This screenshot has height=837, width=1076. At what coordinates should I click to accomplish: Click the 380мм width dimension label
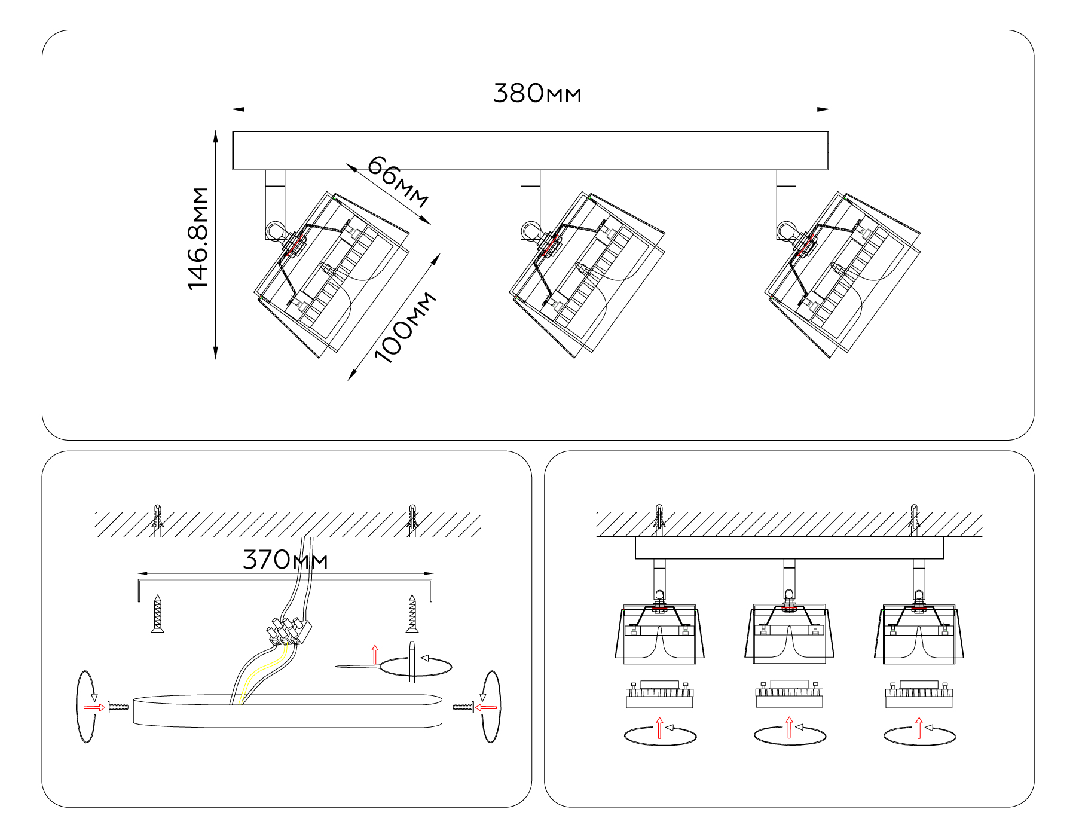coord(537,94)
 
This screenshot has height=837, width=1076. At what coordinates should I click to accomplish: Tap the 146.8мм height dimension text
coord(198,239)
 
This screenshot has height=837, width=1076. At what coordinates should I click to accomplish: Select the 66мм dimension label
coord(398,181)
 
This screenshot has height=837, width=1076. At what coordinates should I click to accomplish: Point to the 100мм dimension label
coord(405,328)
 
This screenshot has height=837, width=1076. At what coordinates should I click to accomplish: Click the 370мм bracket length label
coord(285,560)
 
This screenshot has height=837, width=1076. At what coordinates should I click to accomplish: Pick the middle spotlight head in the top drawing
coord(587,275)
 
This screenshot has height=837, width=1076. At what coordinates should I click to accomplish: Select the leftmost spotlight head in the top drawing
coord(332,275)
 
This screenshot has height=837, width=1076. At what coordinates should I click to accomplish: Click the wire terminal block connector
coord(289,631)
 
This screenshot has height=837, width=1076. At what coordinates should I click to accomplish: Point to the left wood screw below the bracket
coord(158,613)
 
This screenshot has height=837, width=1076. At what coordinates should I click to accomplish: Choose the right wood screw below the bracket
coord(412,613)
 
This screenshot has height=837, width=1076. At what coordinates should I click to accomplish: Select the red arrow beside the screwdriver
coord(375,655)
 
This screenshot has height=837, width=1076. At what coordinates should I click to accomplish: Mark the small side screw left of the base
coord(118,707)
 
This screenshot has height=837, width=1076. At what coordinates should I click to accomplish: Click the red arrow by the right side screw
coord(485,707)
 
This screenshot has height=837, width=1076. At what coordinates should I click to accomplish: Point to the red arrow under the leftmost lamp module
coord(659,728)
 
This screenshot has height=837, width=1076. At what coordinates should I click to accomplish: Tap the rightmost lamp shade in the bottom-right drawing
coord(919,634)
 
